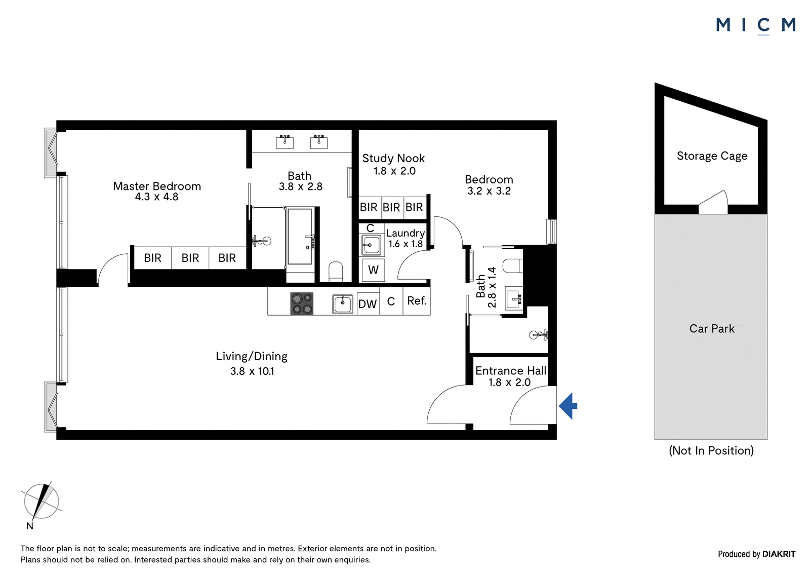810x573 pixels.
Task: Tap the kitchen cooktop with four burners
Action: [302, 303]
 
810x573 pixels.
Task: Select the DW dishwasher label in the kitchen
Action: [368, 304]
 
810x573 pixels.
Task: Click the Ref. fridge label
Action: [417, 300]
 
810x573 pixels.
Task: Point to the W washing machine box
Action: [373, 270]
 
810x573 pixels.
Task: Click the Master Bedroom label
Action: [157, 186]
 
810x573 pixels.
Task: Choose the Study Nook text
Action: [393, 158]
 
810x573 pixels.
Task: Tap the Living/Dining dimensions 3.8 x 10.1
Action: [252, 371]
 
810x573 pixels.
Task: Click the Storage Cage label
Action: [712, 156]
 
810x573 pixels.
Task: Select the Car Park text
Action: [712, 328]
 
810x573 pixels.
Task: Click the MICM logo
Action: [756, 25]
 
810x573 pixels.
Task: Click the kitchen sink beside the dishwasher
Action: [342, 303]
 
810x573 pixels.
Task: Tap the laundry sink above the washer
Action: [371, 245]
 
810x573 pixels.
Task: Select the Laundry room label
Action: [405, 233]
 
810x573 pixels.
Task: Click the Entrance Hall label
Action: [511, 371]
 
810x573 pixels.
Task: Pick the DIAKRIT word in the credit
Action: [779, 554]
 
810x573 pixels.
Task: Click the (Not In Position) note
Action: [711, 451]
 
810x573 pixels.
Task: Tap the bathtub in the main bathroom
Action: [300, 237]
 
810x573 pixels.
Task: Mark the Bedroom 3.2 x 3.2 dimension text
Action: [489, 191]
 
